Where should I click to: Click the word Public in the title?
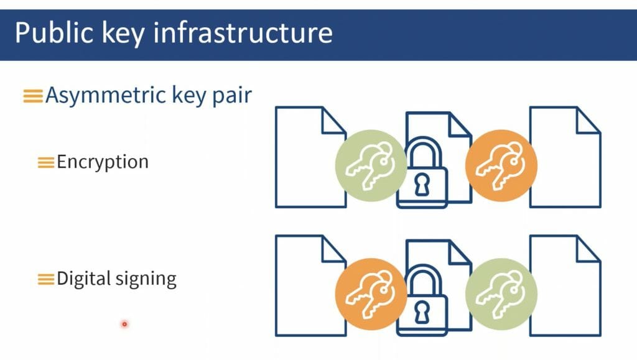point(55,32)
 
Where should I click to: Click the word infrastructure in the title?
point(243,32)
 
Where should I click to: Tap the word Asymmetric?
point(106,96)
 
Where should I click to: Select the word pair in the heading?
point(232,96)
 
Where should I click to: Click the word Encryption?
point(103,162)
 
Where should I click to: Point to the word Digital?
point(84,279)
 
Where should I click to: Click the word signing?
point(146,280)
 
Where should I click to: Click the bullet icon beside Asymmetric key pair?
point(33,96)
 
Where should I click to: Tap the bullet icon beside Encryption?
point(46,162)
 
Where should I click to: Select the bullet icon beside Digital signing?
point(46,279)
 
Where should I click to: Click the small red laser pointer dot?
point(124,324)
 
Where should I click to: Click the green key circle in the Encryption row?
point(371,165)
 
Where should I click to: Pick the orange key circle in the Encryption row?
point(501,165)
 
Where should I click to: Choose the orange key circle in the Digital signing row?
point(371,294)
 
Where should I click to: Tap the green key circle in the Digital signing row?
point(501,294)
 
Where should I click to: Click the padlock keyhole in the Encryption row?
point(422,185)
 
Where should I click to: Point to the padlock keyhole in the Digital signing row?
point(422,313)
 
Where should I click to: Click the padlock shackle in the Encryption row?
point(423,151)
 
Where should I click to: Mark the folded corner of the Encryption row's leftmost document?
point(334,120)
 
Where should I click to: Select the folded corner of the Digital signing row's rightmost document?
point(588,248)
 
